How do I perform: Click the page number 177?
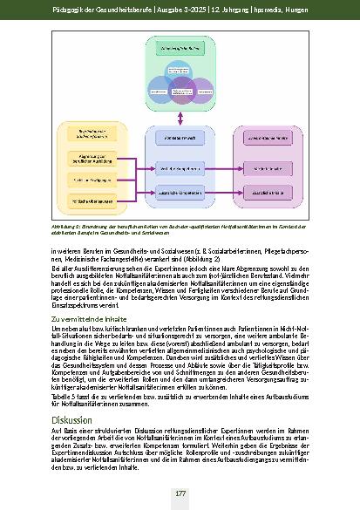click(x=180, y=493)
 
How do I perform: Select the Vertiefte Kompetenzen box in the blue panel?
click(x=180, y=167)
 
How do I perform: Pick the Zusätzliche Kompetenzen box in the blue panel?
click(x=180, y=190)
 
